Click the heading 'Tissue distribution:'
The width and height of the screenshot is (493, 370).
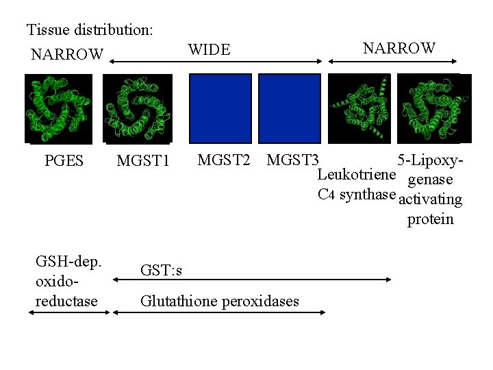90,30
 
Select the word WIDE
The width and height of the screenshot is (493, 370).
209,49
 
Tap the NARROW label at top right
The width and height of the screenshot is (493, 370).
399,48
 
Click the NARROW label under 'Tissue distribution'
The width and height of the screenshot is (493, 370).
67,53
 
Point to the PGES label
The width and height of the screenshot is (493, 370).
64,161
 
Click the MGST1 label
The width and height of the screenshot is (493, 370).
142,161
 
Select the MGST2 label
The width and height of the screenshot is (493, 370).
223,160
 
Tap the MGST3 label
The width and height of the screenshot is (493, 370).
292,160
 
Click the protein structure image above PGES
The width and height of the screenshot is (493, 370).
58,108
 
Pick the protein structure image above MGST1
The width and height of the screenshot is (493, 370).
136,108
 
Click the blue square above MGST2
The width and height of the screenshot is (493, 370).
220,108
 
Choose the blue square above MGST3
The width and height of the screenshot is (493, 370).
290,108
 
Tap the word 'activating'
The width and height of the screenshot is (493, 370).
430,200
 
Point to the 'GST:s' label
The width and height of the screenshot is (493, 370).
162,271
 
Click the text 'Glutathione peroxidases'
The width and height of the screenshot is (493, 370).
220,301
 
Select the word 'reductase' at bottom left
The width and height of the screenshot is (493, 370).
66,301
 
